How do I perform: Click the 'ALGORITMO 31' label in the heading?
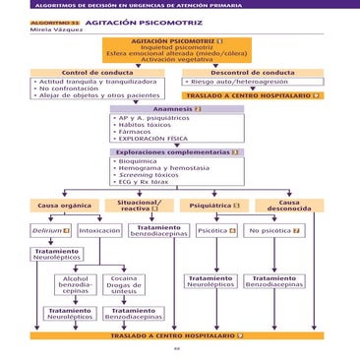(54, 21)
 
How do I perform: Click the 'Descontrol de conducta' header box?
(252, 73)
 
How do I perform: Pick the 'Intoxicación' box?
(99, 230)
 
